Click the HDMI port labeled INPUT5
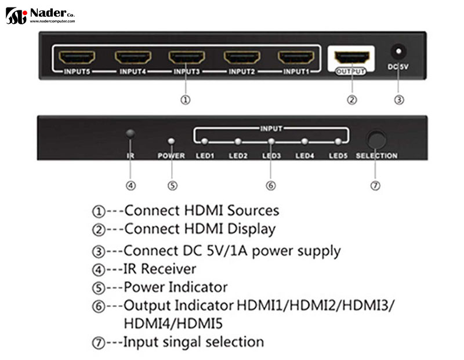click(78, 58)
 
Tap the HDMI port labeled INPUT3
click(187, 58)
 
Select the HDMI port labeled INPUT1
click(296, 58)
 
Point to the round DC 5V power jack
click(398, 50)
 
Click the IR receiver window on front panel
click(130, 134)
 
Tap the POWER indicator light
click(171, 141)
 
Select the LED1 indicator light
click(205, 141)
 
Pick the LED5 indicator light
click(338, 141)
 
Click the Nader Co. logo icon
click(16, 16)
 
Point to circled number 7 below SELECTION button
click(375, 186)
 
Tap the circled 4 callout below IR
click(131, 186)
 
